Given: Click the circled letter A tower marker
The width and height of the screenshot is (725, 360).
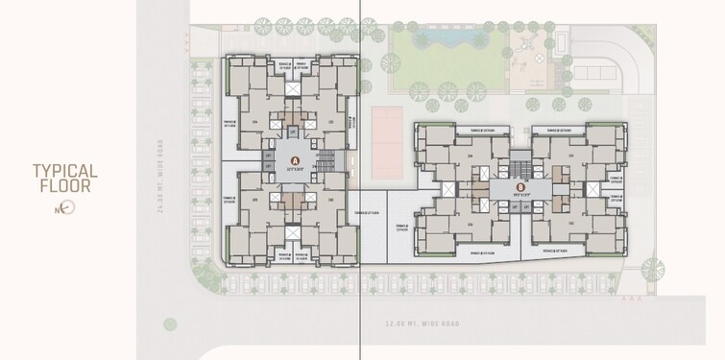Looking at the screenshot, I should coord(294,160).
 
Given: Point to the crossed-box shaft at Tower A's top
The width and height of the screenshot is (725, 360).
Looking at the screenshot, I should coord(293,88).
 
